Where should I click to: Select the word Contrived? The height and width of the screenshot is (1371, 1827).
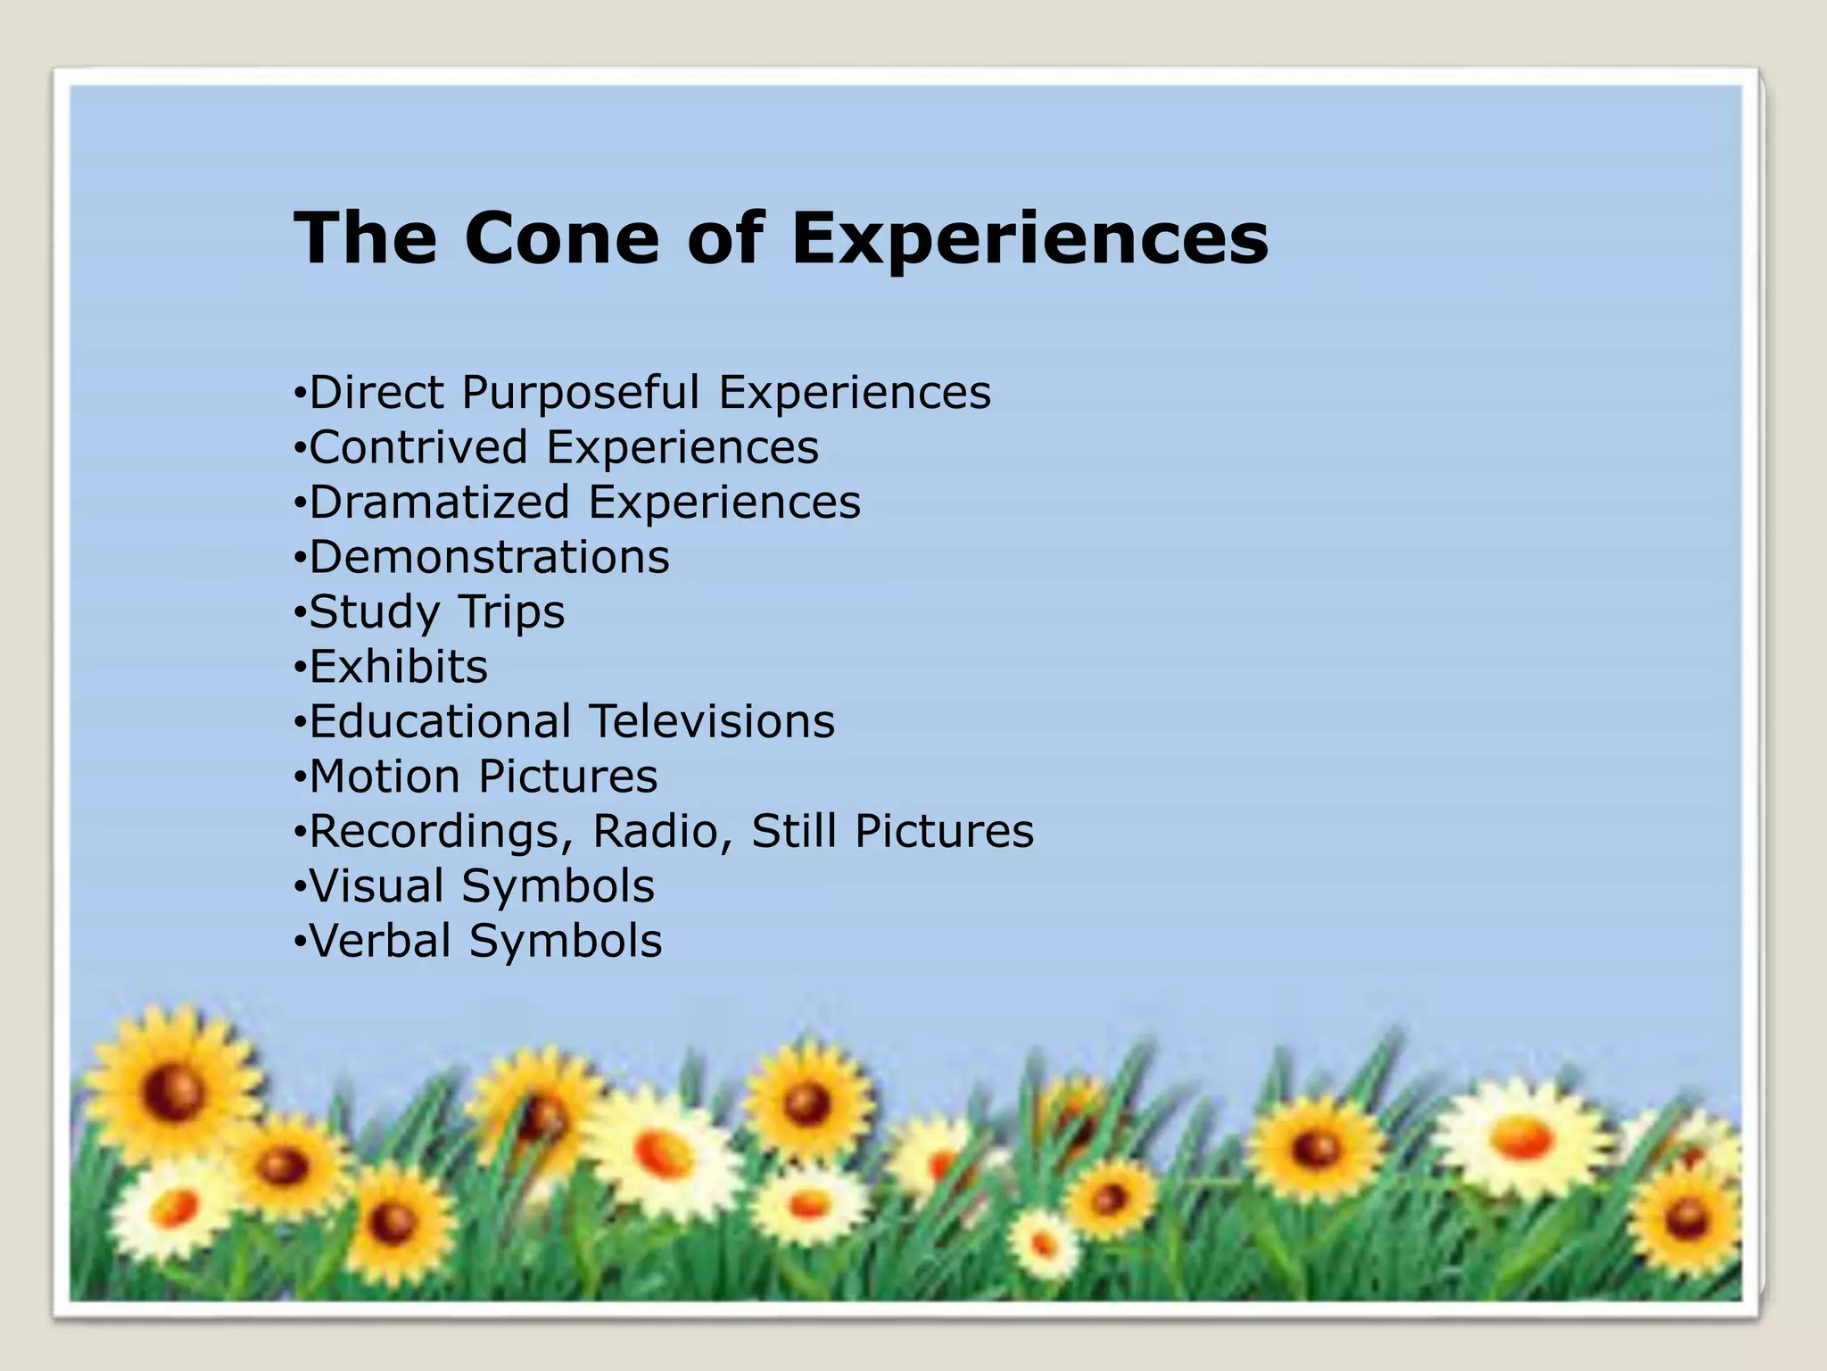tap(418, 447)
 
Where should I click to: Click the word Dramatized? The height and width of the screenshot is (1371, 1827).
tap(439, 502)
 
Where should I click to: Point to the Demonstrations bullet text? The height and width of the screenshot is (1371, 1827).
tap(489, 557)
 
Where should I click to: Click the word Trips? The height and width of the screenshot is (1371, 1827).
tap(511, 612)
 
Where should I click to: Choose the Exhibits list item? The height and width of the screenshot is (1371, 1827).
tap(399, 667)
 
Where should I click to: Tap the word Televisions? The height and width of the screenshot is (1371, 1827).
tap(712, 721)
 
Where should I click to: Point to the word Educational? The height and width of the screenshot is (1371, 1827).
tap(440, 721)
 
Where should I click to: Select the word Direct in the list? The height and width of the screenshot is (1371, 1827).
tap(376, 393)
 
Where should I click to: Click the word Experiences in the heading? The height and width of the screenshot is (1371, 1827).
tap(1029, 239)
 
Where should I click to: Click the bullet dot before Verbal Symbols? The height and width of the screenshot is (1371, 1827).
tap(300, 943)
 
